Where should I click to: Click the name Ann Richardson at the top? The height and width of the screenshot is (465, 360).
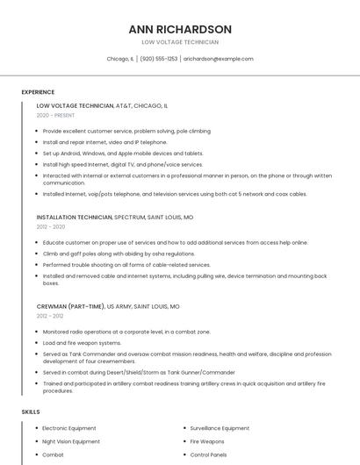point(180,29)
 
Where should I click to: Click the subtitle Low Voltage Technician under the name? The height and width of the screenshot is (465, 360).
point(180,42)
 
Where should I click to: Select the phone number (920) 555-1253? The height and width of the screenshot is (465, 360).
point(159,59)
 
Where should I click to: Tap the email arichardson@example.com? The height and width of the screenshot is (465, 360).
point(219,59)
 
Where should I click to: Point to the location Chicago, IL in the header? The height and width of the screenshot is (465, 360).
point(120,59)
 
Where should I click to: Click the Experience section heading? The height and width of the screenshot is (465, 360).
point(38,92)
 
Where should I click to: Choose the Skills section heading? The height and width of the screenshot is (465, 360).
point(30,411)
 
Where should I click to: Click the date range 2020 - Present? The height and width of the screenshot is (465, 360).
point(55,116)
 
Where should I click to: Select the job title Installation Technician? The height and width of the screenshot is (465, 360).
point(75,216)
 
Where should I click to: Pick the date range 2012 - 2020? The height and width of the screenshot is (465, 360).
point(51,226)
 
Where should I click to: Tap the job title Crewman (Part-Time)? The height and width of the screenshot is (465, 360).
point(70,307)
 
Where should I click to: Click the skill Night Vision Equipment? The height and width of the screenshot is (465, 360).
point(71,441)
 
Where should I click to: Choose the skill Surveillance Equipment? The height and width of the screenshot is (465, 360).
point(220,428)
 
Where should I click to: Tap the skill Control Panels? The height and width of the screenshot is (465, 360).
point(209,455)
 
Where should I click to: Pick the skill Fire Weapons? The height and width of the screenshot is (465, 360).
point(207,441)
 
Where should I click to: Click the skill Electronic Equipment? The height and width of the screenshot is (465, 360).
point(69,428)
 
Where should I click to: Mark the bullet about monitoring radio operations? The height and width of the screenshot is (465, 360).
point(126,332)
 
